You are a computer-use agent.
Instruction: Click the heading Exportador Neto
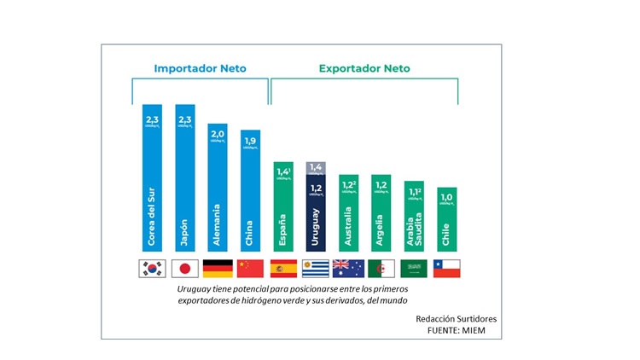[364, 68]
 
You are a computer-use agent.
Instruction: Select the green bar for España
[283, 209]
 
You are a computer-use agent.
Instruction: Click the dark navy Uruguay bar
[316, 218]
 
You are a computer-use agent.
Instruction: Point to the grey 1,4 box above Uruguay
[316, 168]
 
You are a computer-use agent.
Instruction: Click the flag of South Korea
[152, 268]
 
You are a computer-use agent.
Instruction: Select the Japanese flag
[185, 268]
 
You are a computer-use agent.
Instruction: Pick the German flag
[218, 268]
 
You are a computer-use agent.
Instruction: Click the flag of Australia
[348, 268]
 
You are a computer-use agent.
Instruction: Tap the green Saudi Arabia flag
[414, 268]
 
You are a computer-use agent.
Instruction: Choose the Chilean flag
[447, 268]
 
